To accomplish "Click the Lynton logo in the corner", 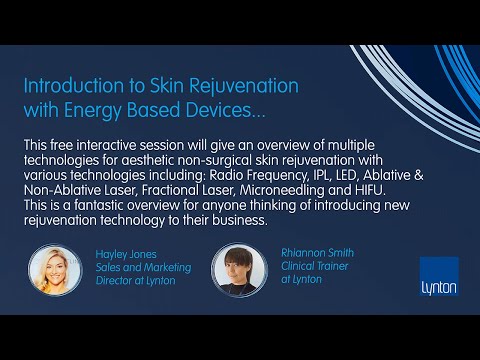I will point(439,276).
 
